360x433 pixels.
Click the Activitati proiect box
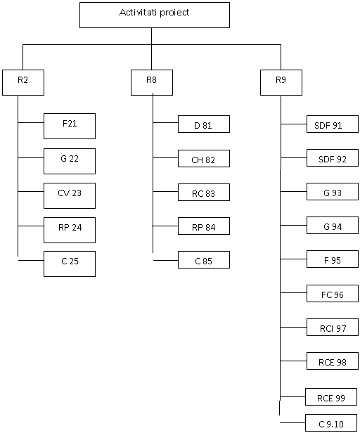[x=155, y=15]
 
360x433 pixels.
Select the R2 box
[x=23, y=82]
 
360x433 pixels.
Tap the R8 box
[x=152, y=82]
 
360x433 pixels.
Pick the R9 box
[x=281, y=82]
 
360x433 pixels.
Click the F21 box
[x=70, y=127]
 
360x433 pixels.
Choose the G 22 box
[x=70, y=161]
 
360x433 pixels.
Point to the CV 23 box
[x=70, y=195]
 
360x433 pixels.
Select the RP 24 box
[x=70, y=230]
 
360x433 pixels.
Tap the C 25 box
[x=70, y=264]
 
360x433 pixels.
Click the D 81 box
[x=204, y=124]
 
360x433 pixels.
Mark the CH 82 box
[x=204, y=159]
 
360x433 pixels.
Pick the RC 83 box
[x=204, y=192]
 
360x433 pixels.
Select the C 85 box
[x=204, y=259]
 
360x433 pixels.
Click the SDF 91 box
[x=333, y=124]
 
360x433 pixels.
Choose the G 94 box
[x=333, y=226]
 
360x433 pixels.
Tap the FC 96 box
[x=333, y=293]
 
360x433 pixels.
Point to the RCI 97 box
[x=333, y=328]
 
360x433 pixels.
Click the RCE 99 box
[x=331, y=397]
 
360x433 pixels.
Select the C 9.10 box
[x=331, y=422]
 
